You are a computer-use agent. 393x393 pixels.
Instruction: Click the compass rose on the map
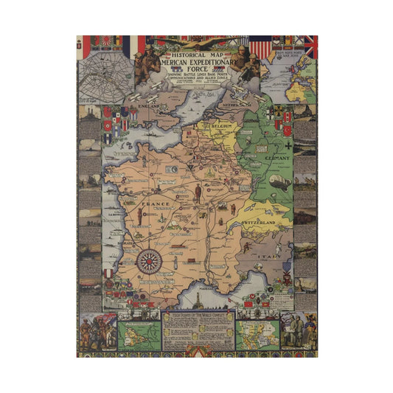[x=150, y=260]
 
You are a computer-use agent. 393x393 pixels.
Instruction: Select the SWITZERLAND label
[x=258, y=222]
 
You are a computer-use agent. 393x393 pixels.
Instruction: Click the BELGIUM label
[x=221, y=127]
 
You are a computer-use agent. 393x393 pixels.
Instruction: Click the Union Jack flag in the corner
[x=311, y=46]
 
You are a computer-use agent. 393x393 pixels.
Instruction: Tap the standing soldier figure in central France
[x=198, y=193]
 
